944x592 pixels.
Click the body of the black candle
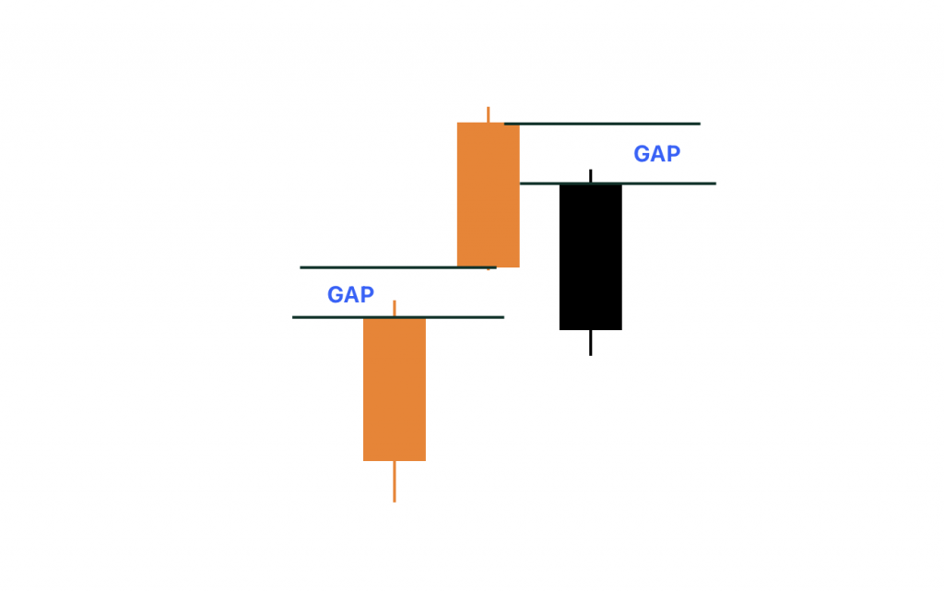click(590, 256)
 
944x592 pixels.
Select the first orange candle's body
click(394, 388)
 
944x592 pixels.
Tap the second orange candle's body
click(488, 195)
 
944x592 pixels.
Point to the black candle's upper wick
click(590, 176)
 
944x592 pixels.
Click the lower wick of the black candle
click(590, 342)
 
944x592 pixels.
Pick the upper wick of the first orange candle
click(395, 308)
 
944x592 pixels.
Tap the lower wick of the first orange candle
click(395, 481)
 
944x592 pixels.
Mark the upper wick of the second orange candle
click(488, 114)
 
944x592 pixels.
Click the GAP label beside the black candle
click(656, 154)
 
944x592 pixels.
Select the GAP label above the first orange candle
click(350, 295)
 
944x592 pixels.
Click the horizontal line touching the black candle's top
click(664, 184)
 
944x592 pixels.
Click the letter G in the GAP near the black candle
click(642, 154)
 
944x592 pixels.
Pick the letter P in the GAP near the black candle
click(672, 154)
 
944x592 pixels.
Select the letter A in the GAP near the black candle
click(657, 154)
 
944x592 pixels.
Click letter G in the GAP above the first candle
click(336, 295)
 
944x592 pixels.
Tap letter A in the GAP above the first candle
click(351, 295)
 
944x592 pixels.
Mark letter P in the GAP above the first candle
click(366, 295)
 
